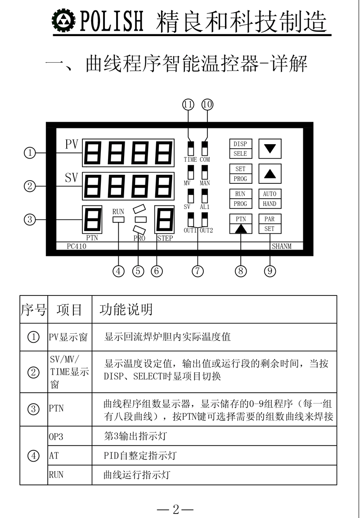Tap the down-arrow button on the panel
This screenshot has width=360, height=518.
click(270, 149)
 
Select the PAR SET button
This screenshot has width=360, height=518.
click(270, 224)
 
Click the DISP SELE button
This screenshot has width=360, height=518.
click(240, 149)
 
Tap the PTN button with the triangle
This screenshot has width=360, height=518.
click(241, 224)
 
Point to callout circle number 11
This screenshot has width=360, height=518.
click(189, 105)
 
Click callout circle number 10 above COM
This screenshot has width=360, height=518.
click(207, 105)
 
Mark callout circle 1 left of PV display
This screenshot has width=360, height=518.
click(30, 153)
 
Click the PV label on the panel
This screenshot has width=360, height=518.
click(72, 145)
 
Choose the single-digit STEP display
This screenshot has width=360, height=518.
click(165, 220)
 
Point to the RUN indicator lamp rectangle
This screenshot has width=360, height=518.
click(118, 219)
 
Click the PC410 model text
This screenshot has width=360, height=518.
click(76, 246)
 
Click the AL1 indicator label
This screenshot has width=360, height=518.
click(205, 207)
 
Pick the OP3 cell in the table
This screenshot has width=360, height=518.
click(56, 436)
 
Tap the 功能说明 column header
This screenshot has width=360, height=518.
click(126, 310)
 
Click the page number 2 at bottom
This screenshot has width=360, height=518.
click(175, 509)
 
